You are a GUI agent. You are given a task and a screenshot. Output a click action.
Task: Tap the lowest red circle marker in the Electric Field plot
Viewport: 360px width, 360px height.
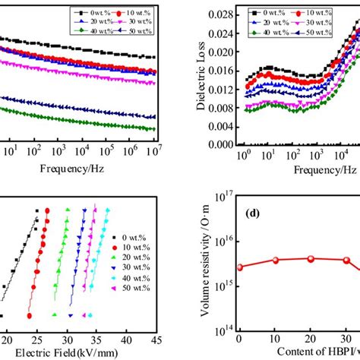[30, 315]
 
